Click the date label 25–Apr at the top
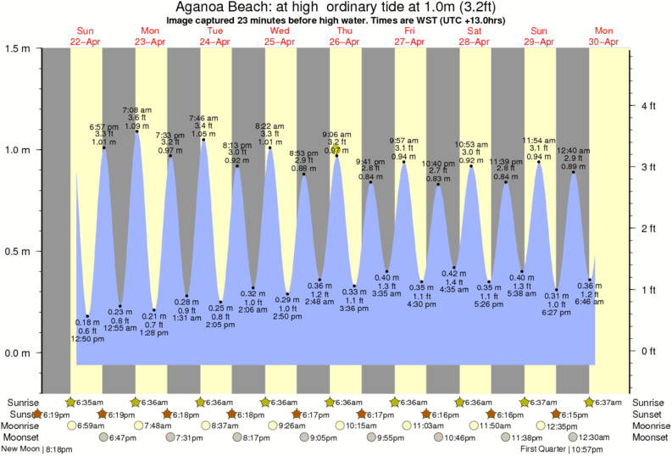tap(280, 42)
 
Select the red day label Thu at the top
tap(344, 31)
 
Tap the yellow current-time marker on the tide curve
tap(336, 150)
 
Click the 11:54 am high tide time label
tap(538, 139)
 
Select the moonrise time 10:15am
tap(363, 425)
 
